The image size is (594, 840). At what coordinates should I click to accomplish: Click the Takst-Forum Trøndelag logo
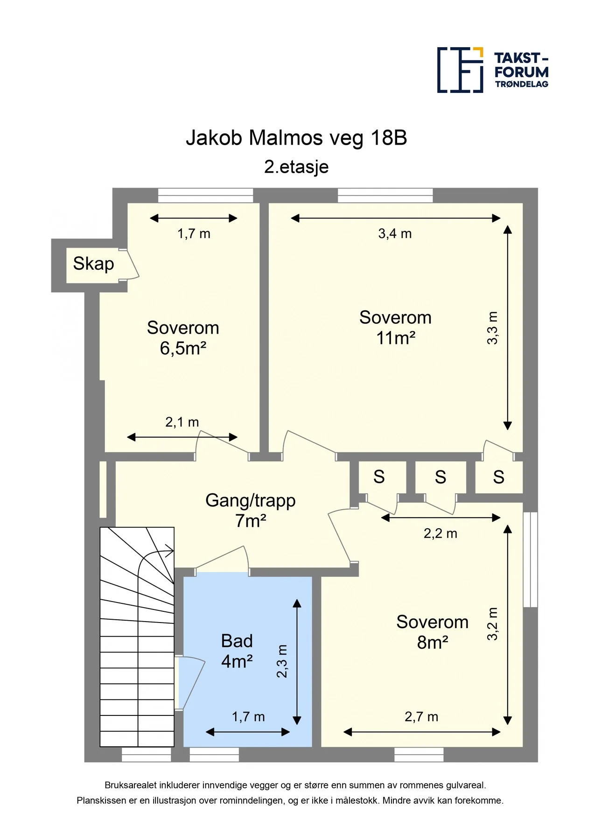point(493,70)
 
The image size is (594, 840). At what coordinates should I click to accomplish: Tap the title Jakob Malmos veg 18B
point(296,138)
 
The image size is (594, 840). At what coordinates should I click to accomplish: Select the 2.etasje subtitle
point(296,167)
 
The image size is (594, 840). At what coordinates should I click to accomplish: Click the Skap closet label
point(93,264)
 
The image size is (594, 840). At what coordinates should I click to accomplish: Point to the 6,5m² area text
point(183,348)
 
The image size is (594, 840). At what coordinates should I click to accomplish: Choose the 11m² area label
point(396,338)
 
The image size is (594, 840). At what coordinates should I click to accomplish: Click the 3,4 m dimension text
point(395,233)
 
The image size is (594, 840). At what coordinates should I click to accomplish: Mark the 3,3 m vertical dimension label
point(493,328)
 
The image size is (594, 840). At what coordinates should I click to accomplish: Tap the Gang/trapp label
point(251,500)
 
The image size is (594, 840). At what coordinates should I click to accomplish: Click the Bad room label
point(237,641)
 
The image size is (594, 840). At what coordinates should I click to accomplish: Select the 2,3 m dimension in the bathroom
point(282,661)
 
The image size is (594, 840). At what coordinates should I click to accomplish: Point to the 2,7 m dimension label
point(421,717)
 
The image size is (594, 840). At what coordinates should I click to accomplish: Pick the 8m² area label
point(433,643)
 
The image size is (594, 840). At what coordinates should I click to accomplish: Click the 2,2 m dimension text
point(440,533)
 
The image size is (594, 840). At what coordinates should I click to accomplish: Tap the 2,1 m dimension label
point(182,422)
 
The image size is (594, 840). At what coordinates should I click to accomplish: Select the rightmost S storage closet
point(499,477)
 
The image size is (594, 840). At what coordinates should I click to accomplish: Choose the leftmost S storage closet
point(379,477)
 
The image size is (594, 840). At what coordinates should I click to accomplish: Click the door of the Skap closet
point(133,264)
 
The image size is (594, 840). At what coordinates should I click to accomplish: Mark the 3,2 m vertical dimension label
point(493,624)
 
